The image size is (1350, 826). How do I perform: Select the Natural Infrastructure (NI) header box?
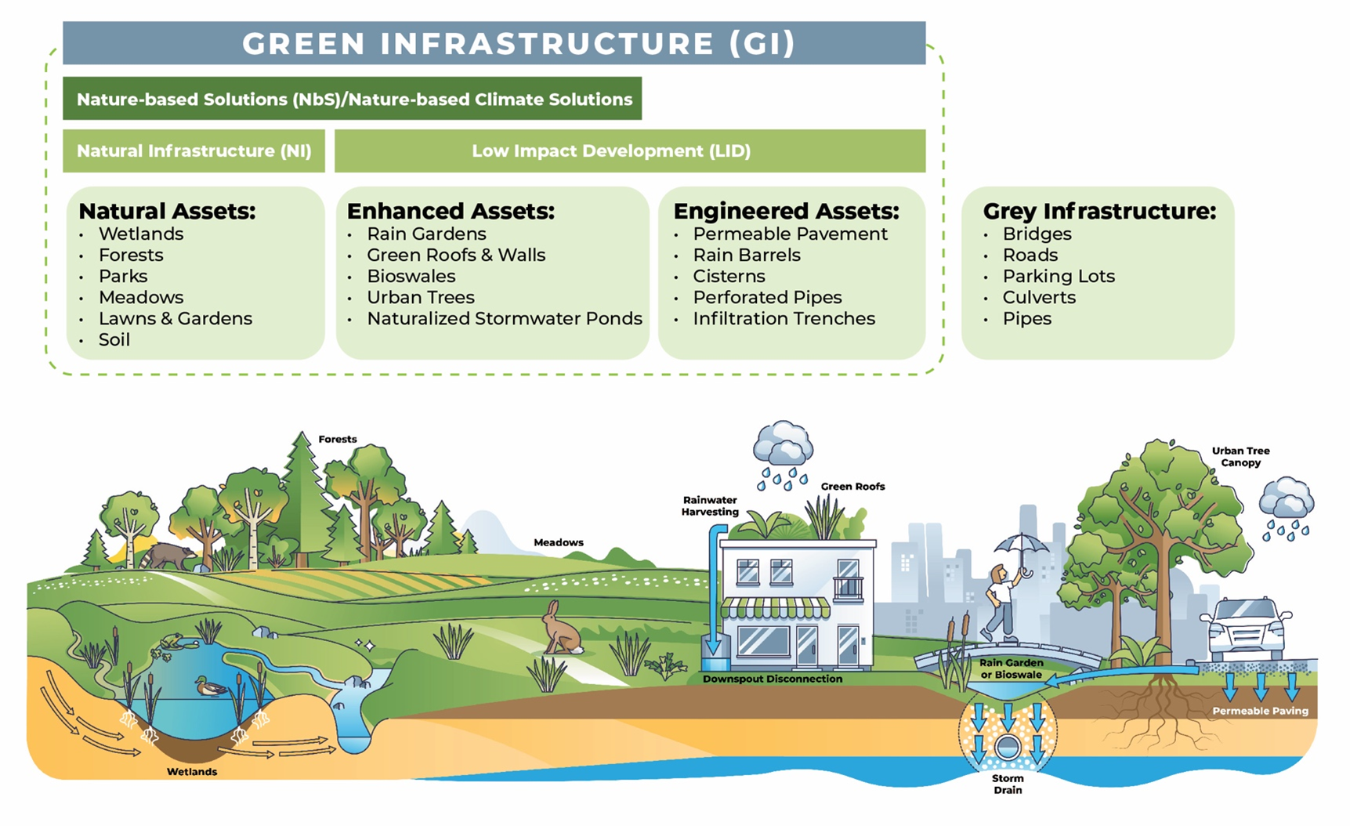pos(194,150)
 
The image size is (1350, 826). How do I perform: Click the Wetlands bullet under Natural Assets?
pos(141,234)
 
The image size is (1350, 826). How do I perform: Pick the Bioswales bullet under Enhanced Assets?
pos(411,277)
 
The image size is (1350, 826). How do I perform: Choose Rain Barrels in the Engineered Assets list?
pos(746,255)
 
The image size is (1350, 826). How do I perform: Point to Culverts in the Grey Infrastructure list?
pos(1039,298)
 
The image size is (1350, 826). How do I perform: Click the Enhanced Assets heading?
pos(451,212)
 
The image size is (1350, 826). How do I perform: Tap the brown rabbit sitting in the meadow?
pos(561,629)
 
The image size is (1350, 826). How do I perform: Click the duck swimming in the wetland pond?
pos(210,687)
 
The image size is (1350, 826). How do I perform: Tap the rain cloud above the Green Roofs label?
pos(783,445)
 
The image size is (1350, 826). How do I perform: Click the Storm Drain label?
pos(1008,784)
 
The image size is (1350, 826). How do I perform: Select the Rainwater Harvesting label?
pos(710,506)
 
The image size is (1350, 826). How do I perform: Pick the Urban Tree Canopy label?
pos(1240,456)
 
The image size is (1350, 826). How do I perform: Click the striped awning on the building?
pos(775,607)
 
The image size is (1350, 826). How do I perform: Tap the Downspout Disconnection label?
pos(772,679)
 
